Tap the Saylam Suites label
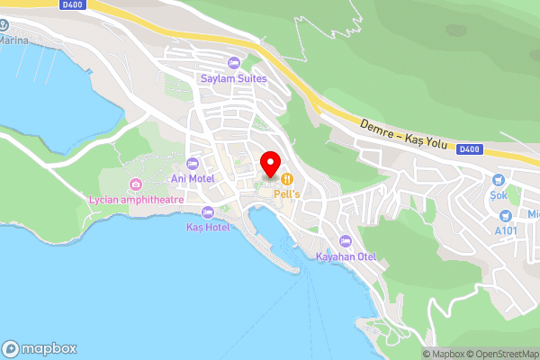232,77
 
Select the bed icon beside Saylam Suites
233,62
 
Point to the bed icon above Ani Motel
192,163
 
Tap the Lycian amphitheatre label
136,200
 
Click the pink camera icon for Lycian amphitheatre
136,184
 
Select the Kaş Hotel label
208,227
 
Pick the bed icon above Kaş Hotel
208,212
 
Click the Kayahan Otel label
346,256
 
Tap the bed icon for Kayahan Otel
346,240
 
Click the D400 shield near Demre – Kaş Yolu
469,148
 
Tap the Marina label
13,40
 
